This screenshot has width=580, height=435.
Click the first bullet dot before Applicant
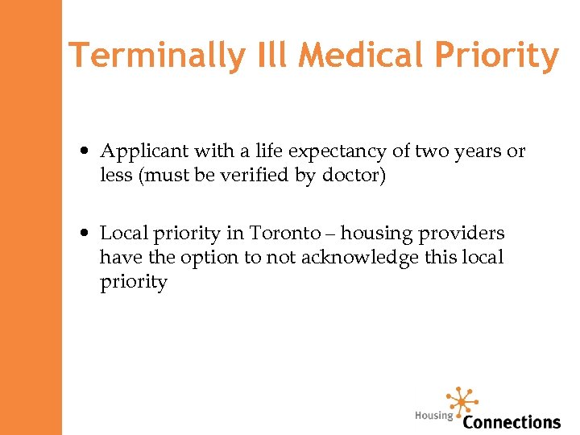click(x=85, y=151)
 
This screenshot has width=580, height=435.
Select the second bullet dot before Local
click(x=85, y=234)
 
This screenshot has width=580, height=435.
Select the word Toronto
click(x=285, y=234)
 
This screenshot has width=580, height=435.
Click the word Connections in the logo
click(x=512, y=421)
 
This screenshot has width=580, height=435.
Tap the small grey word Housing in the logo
click(x=434, y=416)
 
